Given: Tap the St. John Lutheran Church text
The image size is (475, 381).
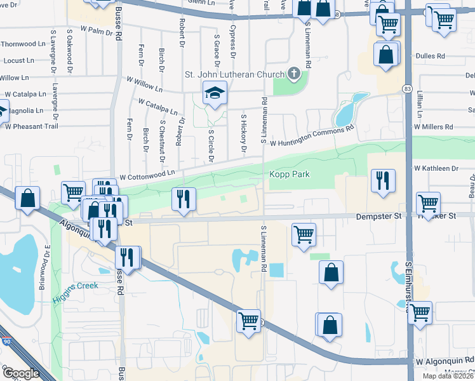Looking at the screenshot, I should [x=234, y=74].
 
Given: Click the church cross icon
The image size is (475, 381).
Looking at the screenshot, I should [x=293, y=74].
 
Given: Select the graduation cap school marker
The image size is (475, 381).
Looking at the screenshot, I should [x=215, y=94].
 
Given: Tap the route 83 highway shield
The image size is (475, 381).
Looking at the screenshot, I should [x=406, y=88].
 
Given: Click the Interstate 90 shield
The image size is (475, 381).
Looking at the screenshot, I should [x=6, y=344].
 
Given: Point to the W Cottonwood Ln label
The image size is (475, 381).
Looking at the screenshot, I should [x=147, y=174].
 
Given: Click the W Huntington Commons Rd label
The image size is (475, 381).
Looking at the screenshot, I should [x=311, y=137].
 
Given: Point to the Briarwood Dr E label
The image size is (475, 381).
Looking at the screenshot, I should [x=46, y=267].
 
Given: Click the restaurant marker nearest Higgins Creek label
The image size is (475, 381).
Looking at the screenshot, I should [x=127, y=257].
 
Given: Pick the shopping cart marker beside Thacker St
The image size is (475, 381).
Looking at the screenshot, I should [x=429, y=203].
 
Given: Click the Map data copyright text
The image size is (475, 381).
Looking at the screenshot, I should [x=448, y=376].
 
